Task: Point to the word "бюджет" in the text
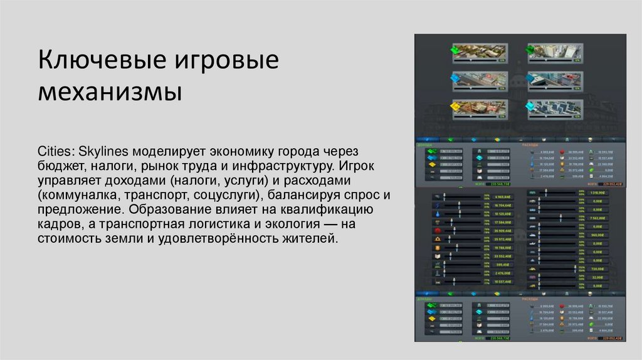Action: pyautogui.click(x=58, y=168)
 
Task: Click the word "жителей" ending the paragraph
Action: pyautogui.click(x=305, y=239)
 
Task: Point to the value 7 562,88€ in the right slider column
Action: pyautogui.click(x=596, y=218)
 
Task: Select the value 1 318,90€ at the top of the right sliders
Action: pyautogui.click(x=596, y=193)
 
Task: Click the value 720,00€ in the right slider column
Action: pyautogui.click(x=596, y=268)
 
